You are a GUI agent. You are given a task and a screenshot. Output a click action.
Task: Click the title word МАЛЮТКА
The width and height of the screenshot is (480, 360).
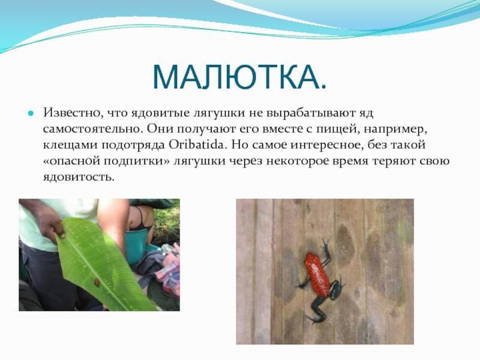(239, 77)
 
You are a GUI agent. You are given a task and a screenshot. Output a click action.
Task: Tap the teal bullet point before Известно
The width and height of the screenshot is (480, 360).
(31, 113)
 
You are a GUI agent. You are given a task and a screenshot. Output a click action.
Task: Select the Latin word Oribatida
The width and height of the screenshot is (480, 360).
(197, 145)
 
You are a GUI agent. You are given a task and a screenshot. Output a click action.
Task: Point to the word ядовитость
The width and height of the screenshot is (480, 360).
(79, 176)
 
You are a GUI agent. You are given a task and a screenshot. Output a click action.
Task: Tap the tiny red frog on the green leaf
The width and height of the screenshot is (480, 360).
(97, 282)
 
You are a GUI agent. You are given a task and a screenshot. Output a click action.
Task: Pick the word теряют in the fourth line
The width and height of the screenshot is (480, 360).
(393, 161)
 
